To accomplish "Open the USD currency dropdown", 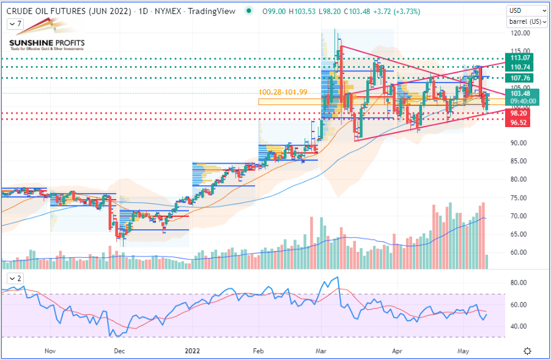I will tap(527, 11).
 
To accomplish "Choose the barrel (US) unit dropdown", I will tap(527, 22).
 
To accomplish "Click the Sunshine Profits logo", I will tap(46, 40).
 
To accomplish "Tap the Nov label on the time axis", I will tap(50, 351).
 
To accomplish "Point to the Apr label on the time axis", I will tap(398, 351).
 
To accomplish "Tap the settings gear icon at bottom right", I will tap(528, 351).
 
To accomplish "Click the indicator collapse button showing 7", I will tap(15, 24).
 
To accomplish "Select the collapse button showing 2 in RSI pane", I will tap(15, 279).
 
